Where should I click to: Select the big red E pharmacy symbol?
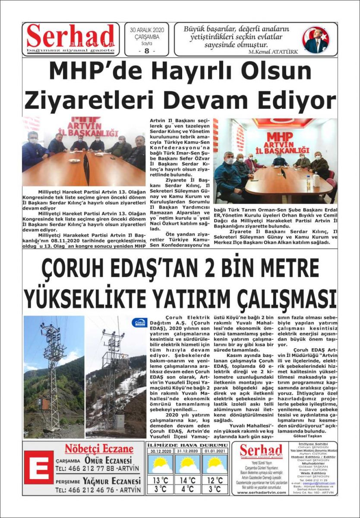pyautogui.click(x=38, y=467)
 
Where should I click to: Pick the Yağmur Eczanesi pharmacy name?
pyautogui.click(x=113, y=481)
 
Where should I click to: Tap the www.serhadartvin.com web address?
pyautogui.click(x=261, y=492)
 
